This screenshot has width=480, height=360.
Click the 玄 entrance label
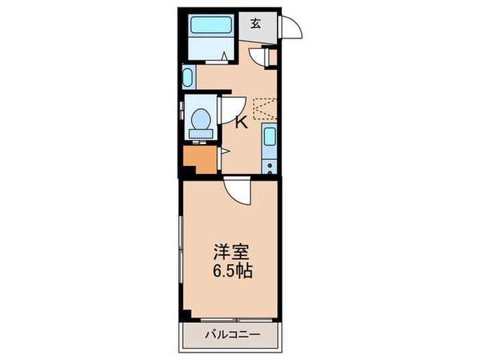tap(255, 23)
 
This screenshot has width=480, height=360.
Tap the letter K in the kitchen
tap(241, 123)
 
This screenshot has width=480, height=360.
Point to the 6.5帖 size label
tap(230, 269)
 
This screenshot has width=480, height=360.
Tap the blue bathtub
tap(212, 27)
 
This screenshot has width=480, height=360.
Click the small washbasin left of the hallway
tap(188, 76)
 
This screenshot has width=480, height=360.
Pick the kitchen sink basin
tap(269, 137)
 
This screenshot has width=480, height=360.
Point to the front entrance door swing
tap(291, 27)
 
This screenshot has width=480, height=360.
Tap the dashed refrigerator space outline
tap(265, 108)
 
